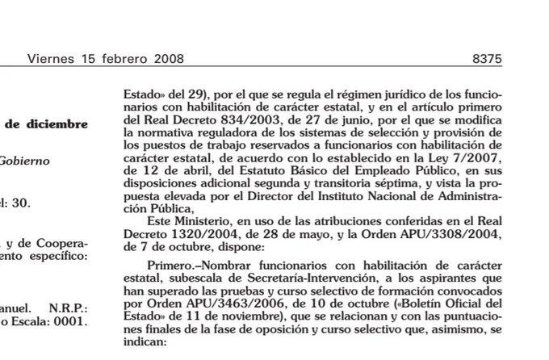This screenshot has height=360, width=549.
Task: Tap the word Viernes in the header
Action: click(52, 59)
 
